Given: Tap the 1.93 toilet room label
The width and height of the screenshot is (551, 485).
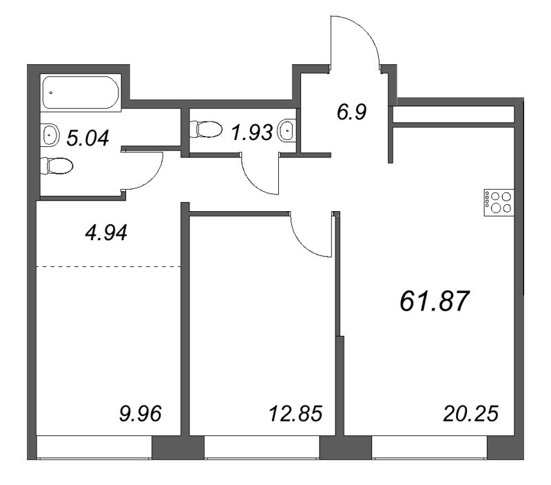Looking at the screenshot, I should [251, 132].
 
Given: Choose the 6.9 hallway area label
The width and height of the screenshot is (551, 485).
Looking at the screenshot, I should [351, 111].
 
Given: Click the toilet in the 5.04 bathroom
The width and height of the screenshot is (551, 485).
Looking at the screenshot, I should [57, 166].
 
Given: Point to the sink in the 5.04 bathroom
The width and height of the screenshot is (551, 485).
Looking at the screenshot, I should [50, 135].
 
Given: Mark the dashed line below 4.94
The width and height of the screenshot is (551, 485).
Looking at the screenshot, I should [108, 266].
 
